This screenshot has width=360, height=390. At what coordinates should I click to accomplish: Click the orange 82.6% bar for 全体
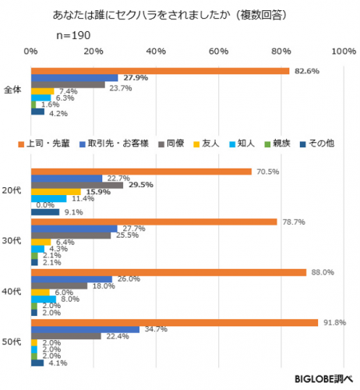pyautogui.click(x=161, y=71)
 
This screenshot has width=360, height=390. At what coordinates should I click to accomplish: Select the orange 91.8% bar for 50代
pyautogui.click(x=175, y=323)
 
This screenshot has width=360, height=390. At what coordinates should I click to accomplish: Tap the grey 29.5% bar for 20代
pyautogui.click(x=77, y=185)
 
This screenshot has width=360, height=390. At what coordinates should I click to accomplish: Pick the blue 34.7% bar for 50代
pyautogui.click(x=85, y=329)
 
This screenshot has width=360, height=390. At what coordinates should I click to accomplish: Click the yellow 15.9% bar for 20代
pyautogui.click(x=56, y=192)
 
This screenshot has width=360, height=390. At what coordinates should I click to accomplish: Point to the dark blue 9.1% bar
pyautogui.click(x=45, y=212)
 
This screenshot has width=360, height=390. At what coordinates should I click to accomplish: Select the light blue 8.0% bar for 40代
pyautogui.click(x=44, y=300)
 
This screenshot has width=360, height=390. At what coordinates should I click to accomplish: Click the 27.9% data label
pyautogui.click(x=136, y=78)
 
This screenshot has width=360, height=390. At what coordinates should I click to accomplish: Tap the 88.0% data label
pyautogui.click(x=323, y=272)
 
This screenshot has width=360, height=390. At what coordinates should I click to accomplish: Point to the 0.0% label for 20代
pyautogui.click(x=45, y=205)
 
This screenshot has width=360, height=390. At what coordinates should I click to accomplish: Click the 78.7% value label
pyautogui.click(x=294, y=222)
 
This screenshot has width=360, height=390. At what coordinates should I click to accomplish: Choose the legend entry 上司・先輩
pyautogui.click(x=44, y=144)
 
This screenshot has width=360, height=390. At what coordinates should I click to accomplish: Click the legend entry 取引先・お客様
pyautogui.click(x=114, y=144)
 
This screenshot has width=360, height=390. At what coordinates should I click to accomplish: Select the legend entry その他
pyautogui.click(x=317, y=144)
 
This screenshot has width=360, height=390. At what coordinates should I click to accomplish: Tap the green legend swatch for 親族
pyautogui.click(x=267, y=144)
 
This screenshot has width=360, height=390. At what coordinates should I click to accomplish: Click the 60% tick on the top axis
pyautogui.click(x=218, y=51)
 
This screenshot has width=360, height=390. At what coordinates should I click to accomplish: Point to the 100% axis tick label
pyautogui.click(x=344, y=51)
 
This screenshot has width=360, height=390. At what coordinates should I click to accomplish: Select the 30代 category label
pyautogui.click(x=12, y=241)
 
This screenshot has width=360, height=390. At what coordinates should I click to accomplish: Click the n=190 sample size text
pyautogui.click(x=73, y=35)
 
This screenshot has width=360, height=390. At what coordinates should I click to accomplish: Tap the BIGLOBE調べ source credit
pyautogui.click(x=323, y=379)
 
